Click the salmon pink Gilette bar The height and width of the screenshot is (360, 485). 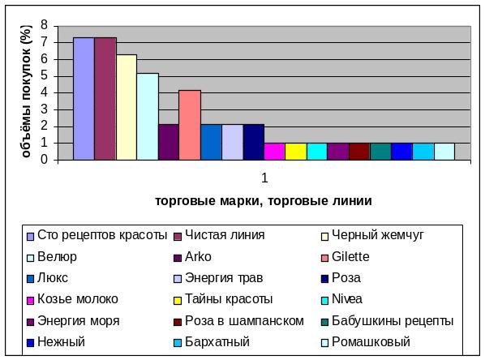[x=190, y=125]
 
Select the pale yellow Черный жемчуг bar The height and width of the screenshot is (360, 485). [x=127, y=107]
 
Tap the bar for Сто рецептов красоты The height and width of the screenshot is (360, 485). [x=84, y=99]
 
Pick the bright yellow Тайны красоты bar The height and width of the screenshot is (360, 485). [x=296, y=152]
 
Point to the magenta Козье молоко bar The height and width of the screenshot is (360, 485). [x=275, y=152]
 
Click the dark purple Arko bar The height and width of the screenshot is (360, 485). [x=169, y=142]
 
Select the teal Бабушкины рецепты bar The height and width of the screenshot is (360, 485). [x=380, y=152]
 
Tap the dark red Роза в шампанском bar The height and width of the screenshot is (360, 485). [x=360, y=152]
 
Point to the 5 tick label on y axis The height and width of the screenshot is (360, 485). [x=45, y=75]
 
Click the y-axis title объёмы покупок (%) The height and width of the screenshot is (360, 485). [x=26, y=92]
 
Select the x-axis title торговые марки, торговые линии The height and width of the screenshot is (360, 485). [x=264, y=201]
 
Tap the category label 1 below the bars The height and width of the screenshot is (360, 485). [x=264, y=178]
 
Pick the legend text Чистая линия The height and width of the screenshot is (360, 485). [x=225, y=235]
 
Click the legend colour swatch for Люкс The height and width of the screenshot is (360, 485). [x=30, y=279]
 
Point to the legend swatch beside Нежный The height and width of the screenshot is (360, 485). [x=30, y=343]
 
